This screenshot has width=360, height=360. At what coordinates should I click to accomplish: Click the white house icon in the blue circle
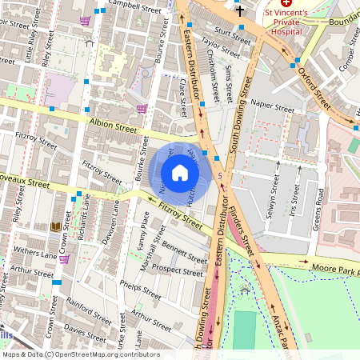click(180, 172)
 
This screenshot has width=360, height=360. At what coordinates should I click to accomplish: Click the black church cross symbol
click(240, 11)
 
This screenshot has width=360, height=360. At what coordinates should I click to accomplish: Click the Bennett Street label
click(184, 256)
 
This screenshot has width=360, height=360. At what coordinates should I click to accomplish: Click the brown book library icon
click(55, 228)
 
